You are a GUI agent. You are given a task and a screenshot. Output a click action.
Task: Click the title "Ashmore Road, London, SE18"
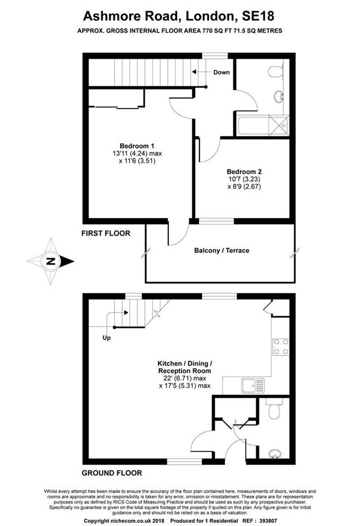pos(179,16)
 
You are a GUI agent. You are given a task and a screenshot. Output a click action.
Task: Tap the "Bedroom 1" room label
pos(137,146)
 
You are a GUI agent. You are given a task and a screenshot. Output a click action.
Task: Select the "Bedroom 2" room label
pos(244,171)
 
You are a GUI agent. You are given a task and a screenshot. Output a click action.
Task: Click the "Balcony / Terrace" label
pos(222,250)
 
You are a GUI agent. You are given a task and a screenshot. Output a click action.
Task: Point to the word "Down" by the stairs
pos(221,72)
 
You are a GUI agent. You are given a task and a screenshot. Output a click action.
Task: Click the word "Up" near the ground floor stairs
pos(106,338)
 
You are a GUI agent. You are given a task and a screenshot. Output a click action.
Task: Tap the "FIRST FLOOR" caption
pos(106,233)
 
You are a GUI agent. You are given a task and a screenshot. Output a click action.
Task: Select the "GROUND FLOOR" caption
pos(112,473)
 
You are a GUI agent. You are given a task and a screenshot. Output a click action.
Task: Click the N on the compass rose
pos(50,261)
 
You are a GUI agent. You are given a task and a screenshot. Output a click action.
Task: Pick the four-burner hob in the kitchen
pos(281,346)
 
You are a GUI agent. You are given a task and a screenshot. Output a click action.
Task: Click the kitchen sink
pos(253,386)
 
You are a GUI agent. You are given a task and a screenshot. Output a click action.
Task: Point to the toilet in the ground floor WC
pos(274,409)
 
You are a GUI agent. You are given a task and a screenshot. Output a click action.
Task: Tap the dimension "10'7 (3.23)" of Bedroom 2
pos(244,180)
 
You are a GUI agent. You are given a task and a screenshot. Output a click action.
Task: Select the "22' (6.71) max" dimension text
pos(185,379)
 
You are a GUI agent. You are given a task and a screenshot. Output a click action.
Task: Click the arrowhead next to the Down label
pos(194,72)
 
